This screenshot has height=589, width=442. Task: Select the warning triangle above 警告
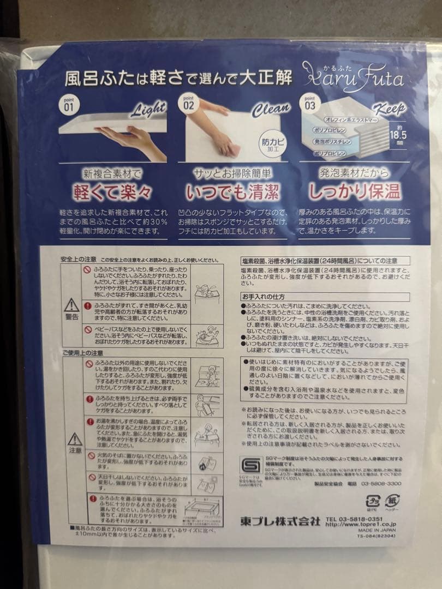coord(71,305)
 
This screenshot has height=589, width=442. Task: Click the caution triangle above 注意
coord(75,439)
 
